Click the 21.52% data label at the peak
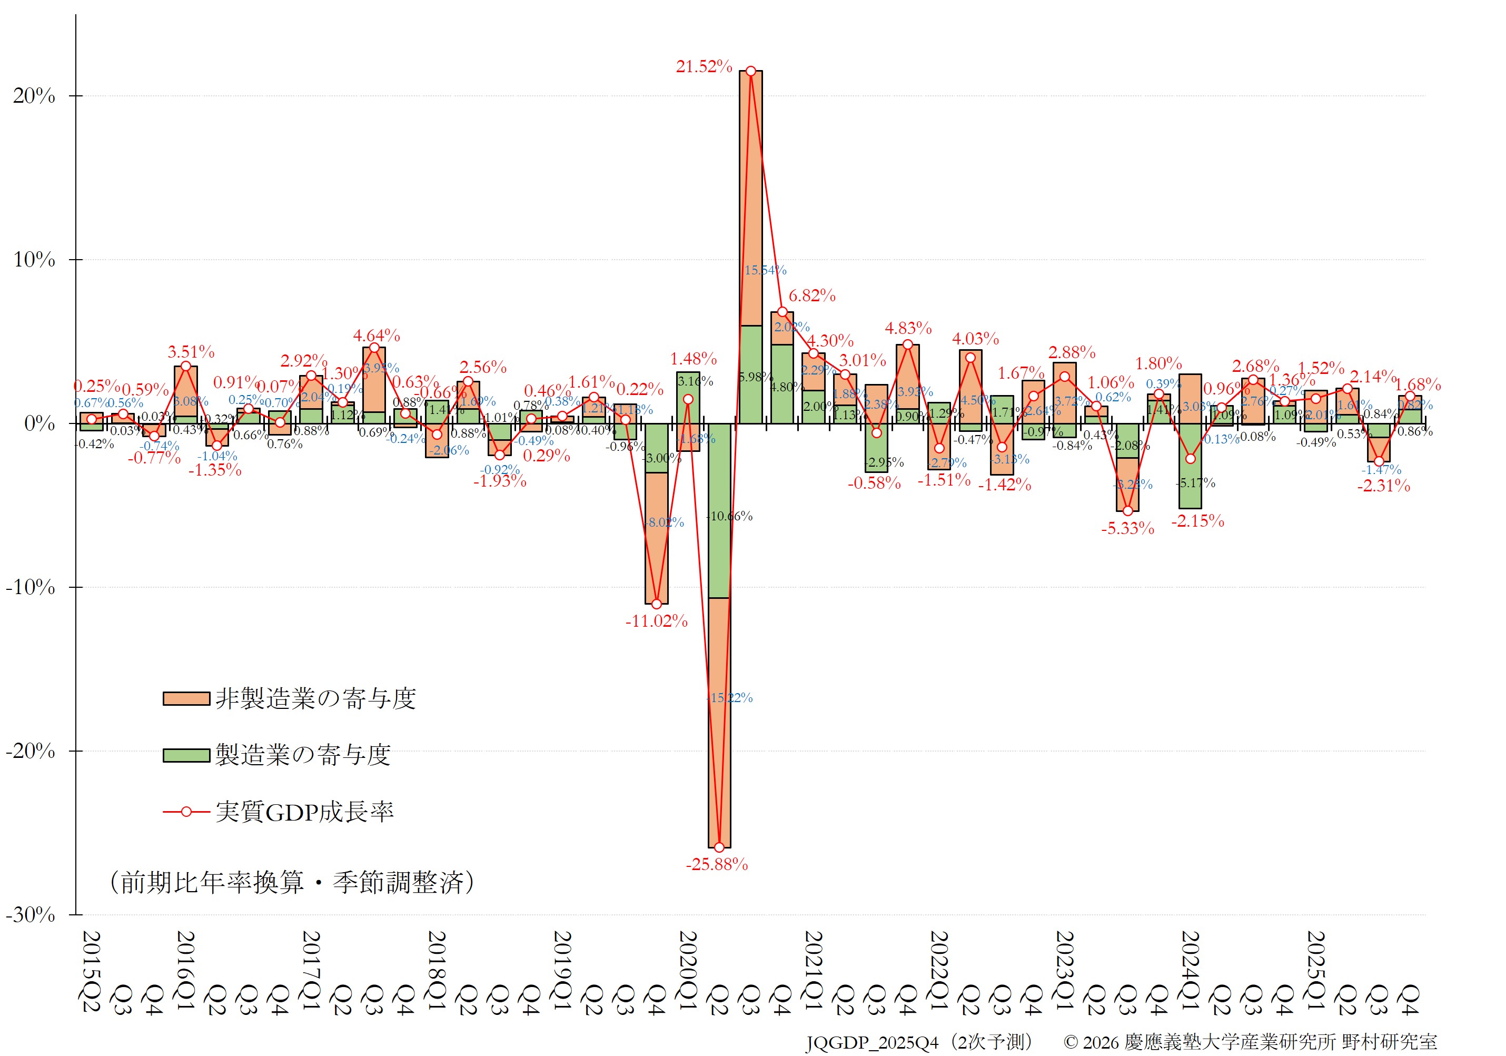(x=704, y=66)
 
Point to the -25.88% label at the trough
(x=717, y=864)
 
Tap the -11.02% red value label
(x=656, y=621)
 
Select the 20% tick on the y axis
(x=34, y=96)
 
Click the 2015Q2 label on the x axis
(x=91, y=971)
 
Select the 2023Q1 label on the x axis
(x=1064, y=971)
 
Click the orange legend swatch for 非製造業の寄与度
(x=186, y=698)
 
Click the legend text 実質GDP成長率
(x=304, y=812)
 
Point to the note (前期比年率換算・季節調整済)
(x=291, y=882)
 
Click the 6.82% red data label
(x=812, y=296)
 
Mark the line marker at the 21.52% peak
(x=750, y=71)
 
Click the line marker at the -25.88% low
(x=719, y=847)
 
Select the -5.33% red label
(x=1127, y=529)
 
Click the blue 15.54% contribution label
(x=765, y=270)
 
